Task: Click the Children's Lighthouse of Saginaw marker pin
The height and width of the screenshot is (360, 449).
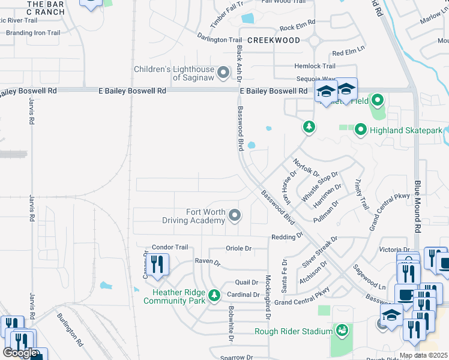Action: pyautogui.click(x=224, y=73)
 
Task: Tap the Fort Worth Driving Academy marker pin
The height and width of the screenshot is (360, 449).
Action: pyautogui.click(x=235, y=215)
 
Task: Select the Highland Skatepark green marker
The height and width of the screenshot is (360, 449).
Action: pyautogui.click(x=360, y=130)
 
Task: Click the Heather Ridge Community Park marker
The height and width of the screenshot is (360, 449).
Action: pyautogui.click(x=214, y=295)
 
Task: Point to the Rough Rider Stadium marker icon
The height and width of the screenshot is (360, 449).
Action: pyautogui.click(x=342, y=331)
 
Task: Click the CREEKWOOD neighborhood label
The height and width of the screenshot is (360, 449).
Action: pyautogui.click(x=273, y=40)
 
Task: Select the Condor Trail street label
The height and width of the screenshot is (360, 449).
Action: pyautogui.click(x=170, y=247)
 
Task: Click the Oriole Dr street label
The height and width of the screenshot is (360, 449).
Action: pyautogui.click(x=238, y=248)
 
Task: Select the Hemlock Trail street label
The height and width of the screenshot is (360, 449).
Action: pyautogui.click(x=315, y=66)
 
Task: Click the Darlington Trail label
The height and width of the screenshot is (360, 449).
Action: pyautogui.click(x=219, y=40)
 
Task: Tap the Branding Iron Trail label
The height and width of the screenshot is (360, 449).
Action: pyautogui.click(x=33, y=33)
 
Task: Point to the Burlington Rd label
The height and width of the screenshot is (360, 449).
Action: pyautogui.click(x=70, y=329)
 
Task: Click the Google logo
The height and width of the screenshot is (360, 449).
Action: pyautogui.click(x=21, y=353)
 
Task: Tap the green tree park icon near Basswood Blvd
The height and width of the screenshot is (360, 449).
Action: pyautogui.click(x=309, y=127)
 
